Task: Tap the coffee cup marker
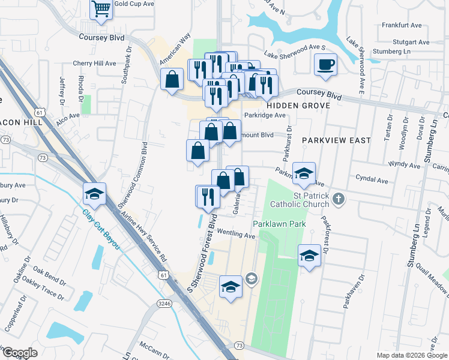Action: coord(325,64)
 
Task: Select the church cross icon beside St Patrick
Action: coord(338,199)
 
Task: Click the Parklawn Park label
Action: coord(279,224)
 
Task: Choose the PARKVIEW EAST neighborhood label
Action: coord(336,139)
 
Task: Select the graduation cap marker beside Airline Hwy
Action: coord(95,194)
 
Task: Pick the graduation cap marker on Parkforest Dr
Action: coord(309,256)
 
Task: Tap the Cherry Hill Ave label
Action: coord(94,63)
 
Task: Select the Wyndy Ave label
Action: coord(404,163)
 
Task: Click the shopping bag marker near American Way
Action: coord(172,79)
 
